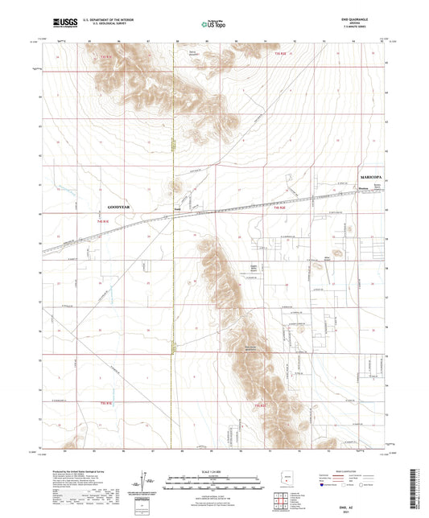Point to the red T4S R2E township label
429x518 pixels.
pyautogui.click(x=279, y=209)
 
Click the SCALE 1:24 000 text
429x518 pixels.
pyautogui.click(x=213, y=471)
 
